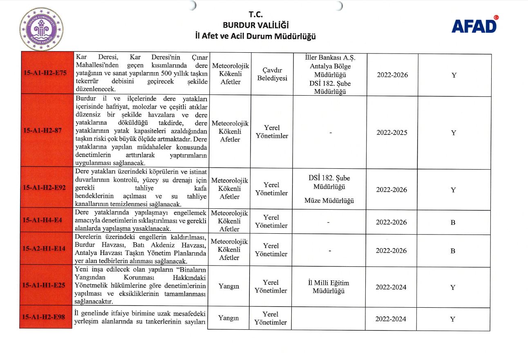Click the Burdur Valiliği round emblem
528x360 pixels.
coord(41,29)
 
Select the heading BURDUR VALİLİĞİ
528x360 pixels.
coord(255,25)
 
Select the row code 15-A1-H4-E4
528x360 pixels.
coord(43,220)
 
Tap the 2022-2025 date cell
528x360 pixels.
coord(392,133)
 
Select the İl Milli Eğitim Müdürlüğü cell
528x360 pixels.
coord(329,287)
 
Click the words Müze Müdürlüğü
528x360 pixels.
coord(329,201)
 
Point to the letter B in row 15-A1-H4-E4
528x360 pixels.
coord(453,222)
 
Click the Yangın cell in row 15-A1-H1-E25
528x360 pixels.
coord(229,286)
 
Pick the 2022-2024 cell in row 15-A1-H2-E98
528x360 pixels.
coord(391,319)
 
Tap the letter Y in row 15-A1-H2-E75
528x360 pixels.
coord(454,75)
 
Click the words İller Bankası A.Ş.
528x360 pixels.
coord(330,58)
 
